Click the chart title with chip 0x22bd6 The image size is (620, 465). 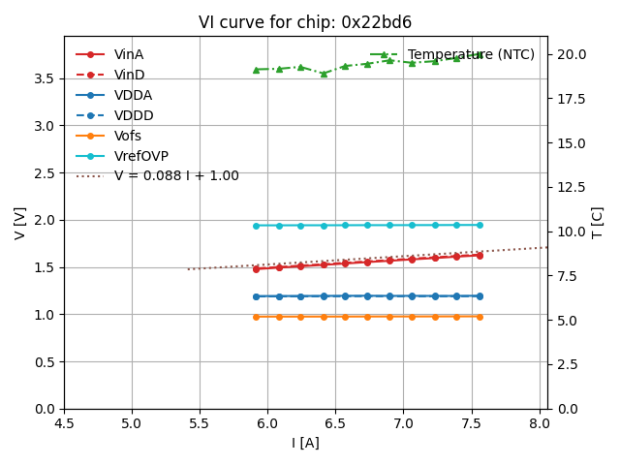[305, 22]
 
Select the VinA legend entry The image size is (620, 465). [129, 54]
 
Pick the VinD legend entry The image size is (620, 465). [129, 75]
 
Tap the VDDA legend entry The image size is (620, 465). [133, 95]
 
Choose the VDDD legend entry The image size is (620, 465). [134, 115]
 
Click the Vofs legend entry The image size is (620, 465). [128, 136]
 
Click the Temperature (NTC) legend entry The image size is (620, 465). [471, 54]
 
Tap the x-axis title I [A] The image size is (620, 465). [305, 443]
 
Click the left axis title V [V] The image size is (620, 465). [20, 223]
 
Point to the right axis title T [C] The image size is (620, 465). [597, 223]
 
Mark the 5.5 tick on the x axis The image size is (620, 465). [200, 423]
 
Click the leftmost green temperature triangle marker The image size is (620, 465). [256, 70]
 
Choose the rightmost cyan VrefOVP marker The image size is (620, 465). [480, 225]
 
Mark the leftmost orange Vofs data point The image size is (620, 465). [256, 317]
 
